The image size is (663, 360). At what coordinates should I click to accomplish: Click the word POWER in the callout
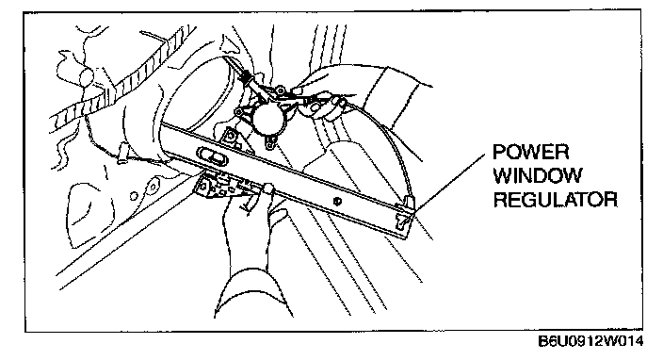click(x=530, y=152)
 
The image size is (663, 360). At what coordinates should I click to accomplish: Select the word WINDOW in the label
click(x=538, y=175)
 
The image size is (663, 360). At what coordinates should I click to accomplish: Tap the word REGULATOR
click(x=556, y=199)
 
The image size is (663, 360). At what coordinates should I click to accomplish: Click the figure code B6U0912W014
click(x=590, y=341)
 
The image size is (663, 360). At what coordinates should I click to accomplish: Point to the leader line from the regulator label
click(x=450, y=182)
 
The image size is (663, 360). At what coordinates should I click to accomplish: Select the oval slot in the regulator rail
click(x=213, y=155)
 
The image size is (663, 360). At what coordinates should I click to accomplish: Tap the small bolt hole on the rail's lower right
click(x=336, y=202)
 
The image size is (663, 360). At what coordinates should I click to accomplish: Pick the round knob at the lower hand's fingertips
click(x=268, y=188)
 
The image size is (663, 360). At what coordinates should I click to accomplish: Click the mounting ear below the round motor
click(x=269, y=143)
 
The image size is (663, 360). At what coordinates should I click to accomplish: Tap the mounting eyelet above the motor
click(x=280, y=90)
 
